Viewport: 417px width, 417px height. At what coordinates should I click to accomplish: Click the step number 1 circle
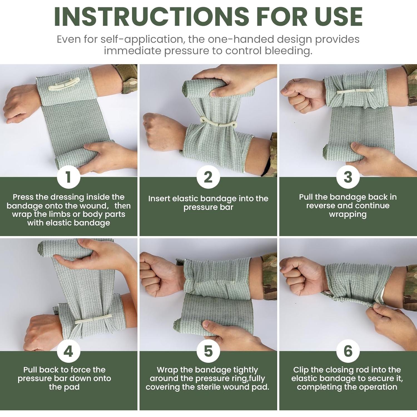(69, 177)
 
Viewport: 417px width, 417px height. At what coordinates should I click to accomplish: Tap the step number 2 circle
(208, 177)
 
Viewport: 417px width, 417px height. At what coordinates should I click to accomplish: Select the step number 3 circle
(348, 177)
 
